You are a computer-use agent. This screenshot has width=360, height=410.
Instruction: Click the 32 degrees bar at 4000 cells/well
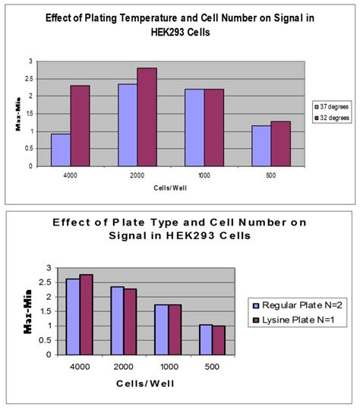[80, 125]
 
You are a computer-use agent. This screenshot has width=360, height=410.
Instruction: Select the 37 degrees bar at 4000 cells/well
[60, 150]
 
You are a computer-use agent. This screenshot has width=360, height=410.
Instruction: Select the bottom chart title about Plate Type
[142, 233]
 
